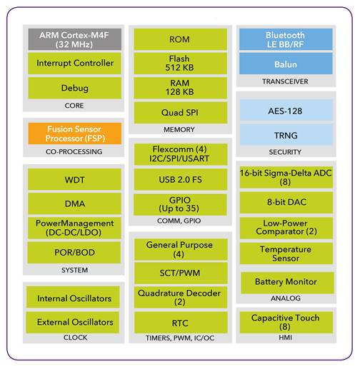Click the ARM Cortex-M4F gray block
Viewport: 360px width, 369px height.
point(75,39)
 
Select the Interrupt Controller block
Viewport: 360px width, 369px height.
point(75,64)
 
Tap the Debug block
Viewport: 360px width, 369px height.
point(75,88)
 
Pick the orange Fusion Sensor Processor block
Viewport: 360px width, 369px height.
point(75,133)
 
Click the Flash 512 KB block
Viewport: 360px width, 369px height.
point(180,64)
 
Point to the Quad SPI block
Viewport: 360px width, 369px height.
point(181,113)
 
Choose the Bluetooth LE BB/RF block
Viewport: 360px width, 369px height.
point(286,39)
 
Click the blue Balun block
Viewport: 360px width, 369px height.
point(286,64)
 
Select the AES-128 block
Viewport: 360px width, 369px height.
point(286,110)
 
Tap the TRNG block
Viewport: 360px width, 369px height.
point(286,134)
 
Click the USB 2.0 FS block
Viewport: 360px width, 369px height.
point(181,179)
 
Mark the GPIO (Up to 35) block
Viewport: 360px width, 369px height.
point(180,205)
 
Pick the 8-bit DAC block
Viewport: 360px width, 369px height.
point(286,203)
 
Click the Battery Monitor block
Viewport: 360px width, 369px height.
point(287,283)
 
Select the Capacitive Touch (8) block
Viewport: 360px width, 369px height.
point(286,323)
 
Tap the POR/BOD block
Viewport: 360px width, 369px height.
point(74,253)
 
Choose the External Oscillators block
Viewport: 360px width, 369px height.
point(73,323)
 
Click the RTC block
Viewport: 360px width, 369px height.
point(181,323)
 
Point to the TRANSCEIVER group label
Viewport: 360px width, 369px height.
point(285,81)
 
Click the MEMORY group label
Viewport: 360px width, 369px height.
point(179,130)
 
